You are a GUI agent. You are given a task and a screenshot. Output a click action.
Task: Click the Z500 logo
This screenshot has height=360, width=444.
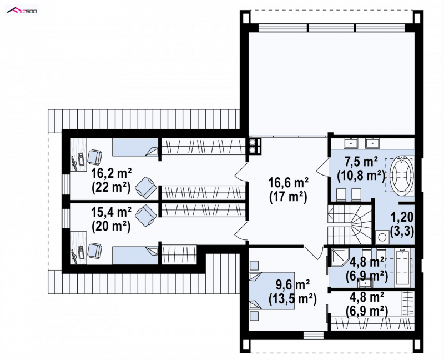click(22, 11)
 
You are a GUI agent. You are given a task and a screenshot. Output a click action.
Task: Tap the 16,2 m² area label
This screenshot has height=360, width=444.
click(112, 173)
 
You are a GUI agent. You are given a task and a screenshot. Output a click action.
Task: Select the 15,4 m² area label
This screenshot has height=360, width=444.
click(112, 212)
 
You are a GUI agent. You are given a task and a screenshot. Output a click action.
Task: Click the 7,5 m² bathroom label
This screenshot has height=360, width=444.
click(361, 162)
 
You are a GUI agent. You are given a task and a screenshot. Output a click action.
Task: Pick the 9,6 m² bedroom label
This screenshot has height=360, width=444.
click(293, 285)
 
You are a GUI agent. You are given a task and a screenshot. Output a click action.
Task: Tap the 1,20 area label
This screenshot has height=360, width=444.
click(402, 217)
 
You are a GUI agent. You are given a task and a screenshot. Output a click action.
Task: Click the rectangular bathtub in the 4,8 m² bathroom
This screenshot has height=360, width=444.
click(403, 267)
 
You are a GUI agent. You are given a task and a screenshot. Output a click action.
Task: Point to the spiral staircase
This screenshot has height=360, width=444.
click(350, 224)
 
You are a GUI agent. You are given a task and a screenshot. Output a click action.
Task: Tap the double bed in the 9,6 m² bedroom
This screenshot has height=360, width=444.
click(271, 290)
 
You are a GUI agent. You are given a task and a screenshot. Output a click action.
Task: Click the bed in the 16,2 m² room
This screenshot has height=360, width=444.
click(135, 147)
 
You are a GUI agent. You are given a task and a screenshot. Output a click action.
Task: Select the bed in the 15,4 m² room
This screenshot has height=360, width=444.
click(135, 256)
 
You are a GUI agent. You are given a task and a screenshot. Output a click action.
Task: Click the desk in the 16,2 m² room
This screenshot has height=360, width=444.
click(78, 155)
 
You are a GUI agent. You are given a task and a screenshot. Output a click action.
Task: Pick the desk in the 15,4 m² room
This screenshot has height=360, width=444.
click(78, 248)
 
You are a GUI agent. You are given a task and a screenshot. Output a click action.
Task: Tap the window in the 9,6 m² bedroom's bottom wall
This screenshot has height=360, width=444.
click(314, 335)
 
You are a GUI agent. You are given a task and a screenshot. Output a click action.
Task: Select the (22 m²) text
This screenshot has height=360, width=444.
click(112, 187)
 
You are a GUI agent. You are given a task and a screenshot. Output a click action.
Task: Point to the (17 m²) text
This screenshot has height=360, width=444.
click(288, 197)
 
